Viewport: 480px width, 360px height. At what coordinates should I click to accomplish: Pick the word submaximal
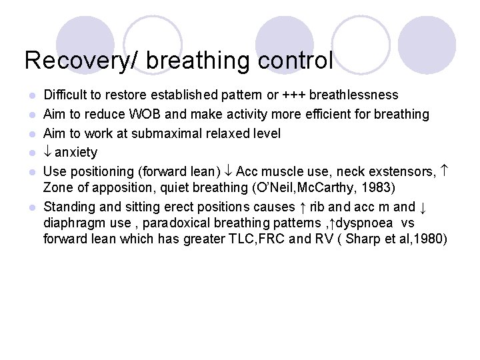tap(164, 133)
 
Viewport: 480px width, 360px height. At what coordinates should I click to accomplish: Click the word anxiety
tap(76, 152)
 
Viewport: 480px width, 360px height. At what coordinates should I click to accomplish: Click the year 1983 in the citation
tap(378, 187)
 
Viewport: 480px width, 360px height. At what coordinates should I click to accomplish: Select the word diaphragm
tap(73, 222)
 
